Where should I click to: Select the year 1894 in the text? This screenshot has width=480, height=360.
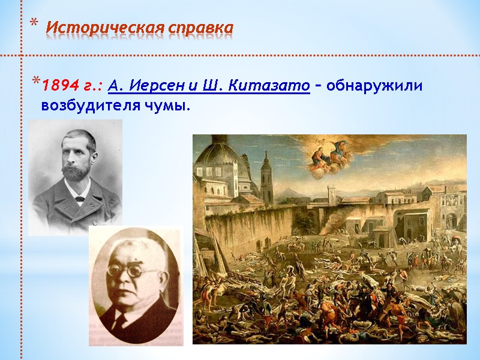[x=57, y=86]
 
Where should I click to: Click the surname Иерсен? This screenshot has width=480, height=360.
[x=155, y=86]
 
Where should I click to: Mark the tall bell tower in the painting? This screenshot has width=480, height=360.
[x=266, y=177]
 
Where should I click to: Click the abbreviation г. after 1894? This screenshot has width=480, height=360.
[x=88, y=86]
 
